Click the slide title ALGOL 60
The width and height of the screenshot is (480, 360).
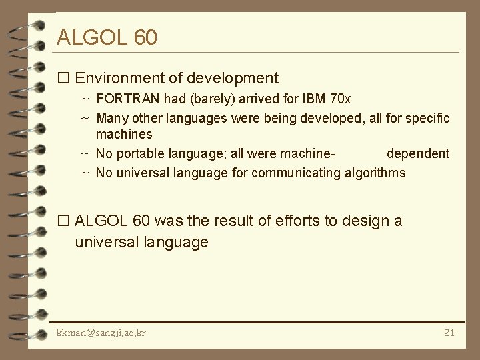coord(107,37)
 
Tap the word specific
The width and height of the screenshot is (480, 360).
coord(427,118)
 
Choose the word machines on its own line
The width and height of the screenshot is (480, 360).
coord(124,135)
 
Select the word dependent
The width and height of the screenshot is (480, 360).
coord(418,153)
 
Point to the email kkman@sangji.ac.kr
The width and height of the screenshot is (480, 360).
coord(102,332)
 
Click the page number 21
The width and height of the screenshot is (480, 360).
coord(448,332)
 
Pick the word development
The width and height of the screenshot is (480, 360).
coord(233,79)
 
